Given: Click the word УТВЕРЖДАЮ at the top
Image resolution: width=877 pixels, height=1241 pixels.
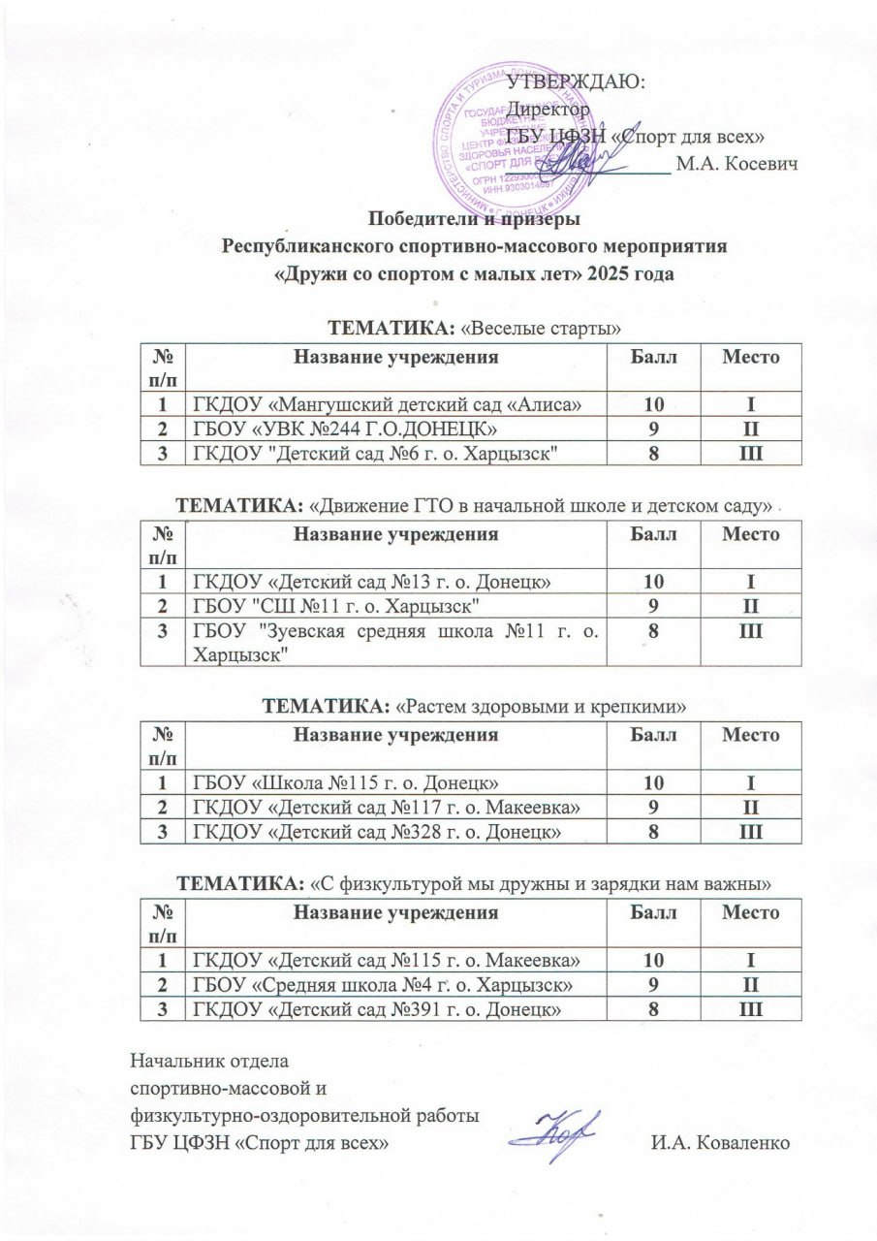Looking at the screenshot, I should pyautogui.click(x=578, y=81).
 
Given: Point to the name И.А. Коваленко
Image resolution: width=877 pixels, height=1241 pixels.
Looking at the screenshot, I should pyautogui.click(x=721, y=1142).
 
